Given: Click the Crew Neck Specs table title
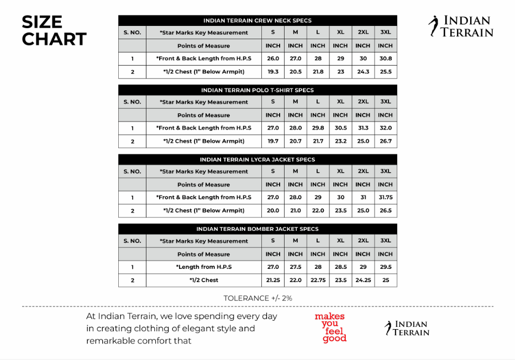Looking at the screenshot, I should click(257, 20).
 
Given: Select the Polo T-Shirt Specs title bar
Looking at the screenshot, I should click(257, 90).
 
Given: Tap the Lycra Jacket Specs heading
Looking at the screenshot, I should click(257, 160).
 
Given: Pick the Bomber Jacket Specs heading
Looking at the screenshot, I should click(257, 229).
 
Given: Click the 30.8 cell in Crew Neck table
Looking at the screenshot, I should click(385, 59).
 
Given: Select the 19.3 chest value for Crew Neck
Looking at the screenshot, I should click(273, 72).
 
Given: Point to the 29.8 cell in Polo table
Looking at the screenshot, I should click(318, 128).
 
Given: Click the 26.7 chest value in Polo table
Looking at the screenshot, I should click(385, 141).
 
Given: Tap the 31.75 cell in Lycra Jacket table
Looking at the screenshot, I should click(385, 197).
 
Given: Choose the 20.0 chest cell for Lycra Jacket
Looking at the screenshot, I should click(273, 210).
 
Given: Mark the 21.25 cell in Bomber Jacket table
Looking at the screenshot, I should click(273, 280).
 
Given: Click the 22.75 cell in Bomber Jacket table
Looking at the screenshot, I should click(318, 280).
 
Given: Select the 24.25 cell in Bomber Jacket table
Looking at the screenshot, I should click(362, 280).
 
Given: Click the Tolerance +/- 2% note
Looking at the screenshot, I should click(257, 298).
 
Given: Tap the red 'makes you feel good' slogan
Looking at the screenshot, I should click(330, 327).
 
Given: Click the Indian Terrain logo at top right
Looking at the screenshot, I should click(461, 27).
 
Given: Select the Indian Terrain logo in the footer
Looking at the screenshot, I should click(407, 328).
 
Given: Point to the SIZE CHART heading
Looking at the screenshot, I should click(54, 31).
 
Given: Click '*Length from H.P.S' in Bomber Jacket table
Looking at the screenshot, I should click(204, 267).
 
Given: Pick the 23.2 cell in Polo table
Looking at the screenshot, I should click(340, 141).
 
